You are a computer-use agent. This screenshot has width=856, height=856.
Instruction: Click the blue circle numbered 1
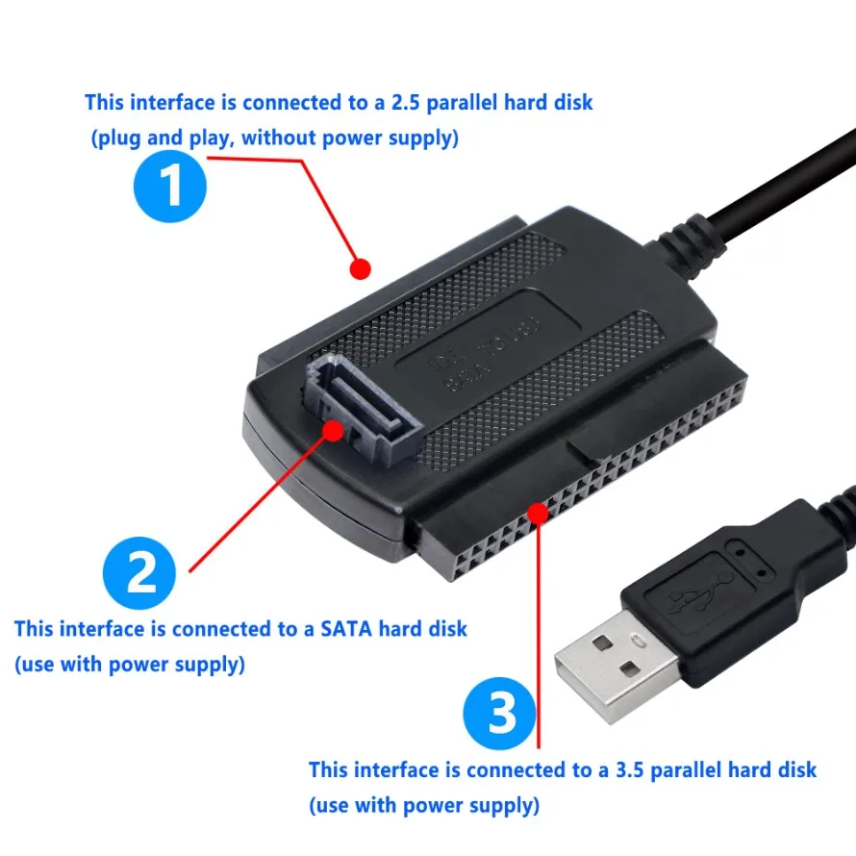(171, 188)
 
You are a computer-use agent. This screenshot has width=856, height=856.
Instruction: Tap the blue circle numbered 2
(140, 575)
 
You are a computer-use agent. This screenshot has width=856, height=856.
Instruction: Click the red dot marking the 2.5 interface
(359, 268)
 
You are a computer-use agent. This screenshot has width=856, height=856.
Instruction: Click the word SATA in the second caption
(349, 629)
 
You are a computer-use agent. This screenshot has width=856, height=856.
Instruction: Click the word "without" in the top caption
(278, 138)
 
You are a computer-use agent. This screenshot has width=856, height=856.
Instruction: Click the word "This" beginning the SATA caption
(35, 629)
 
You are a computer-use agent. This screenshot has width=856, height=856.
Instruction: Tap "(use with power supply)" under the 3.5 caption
(424, 804)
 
